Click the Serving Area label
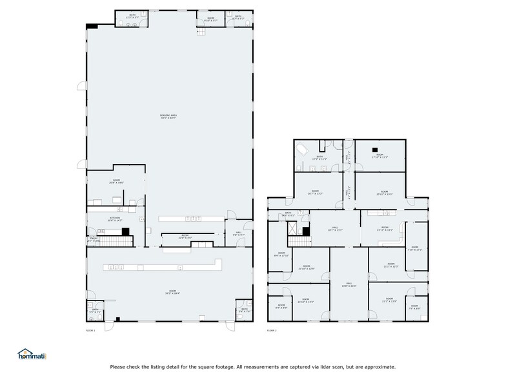[168, 116]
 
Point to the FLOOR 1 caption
[90, 330]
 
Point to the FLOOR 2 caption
[272, 330]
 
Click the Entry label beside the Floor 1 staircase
[94, 239]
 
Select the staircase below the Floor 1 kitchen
[116, 241]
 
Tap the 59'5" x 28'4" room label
[170, 293]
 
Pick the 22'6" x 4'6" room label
[185, 236]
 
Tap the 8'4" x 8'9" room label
[281, 306]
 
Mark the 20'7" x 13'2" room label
[315, 192]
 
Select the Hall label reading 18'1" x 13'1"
[336, 228]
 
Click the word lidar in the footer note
[299, 367]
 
